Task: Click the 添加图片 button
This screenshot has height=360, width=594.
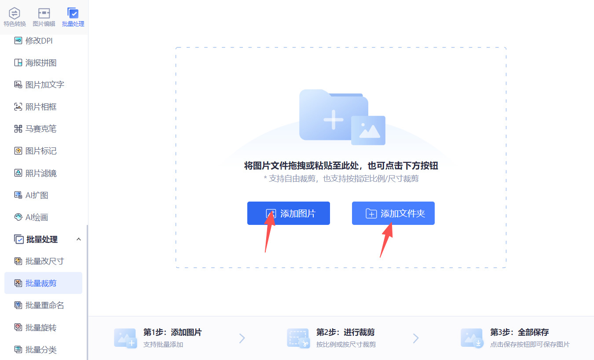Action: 289,213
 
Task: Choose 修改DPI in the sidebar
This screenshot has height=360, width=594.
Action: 33,40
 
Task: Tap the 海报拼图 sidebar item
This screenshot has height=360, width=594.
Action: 35,62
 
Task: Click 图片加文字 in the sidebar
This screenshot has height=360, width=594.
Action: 39,84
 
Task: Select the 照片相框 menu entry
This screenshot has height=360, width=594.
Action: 35,107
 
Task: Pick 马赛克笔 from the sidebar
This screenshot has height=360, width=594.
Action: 35,129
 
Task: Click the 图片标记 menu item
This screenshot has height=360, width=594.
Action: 35,151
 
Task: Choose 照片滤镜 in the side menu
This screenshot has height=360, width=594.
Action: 35,173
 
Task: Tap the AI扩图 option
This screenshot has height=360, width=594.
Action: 31,195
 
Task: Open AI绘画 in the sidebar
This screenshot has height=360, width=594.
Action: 31,217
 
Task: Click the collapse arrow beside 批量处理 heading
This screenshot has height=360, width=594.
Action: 78,239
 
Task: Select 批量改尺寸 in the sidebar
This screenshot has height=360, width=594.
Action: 39,261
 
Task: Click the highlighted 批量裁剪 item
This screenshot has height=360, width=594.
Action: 43,283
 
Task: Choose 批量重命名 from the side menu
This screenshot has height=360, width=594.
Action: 39,305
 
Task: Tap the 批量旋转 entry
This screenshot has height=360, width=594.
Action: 35,327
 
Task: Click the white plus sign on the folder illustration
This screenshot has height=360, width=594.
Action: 334,120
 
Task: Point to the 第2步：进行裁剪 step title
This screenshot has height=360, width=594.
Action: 345,332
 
